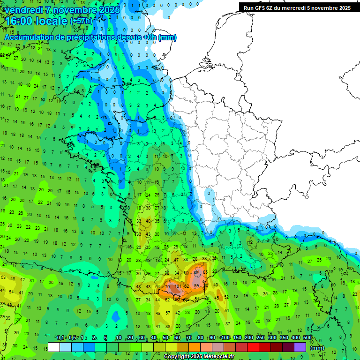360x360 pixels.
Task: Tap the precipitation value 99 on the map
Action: coord(196,285)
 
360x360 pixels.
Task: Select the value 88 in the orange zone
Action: coord(196,272)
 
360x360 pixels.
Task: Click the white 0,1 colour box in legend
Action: coord(54,347)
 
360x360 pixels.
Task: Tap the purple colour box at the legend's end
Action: coord(300,347)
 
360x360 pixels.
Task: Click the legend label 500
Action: coord(307,337)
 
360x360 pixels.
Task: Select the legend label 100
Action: coord(225,337)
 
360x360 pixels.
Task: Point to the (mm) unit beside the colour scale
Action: coord(317,348)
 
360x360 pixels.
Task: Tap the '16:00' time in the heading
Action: coord(21,21)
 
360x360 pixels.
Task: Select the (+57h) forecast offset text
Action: coord(81,22)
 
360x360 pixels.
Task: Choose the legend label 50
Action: coord(165,337)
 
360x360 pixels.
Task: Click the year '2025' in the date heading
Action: coord(109,9)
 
